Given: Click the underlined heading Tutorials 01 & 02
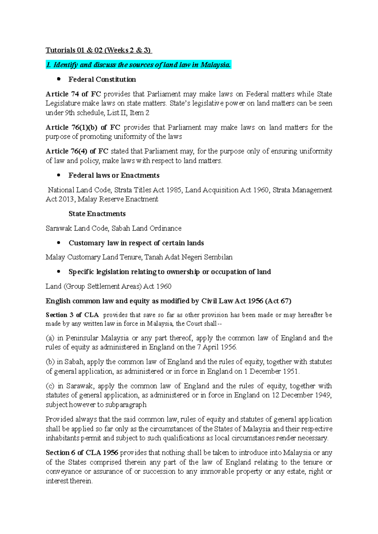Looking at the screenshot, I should (x=99, y=50).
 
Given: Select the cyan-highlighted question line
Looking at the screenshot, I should (x=138, y=65).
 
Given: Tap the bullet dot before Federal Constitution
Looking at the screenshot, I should (x=58, y=79).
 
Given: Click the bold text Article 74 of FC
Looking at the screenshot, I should (x=73, y=94).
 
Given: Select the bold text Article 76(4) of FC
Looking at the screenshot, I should (x=77, y=151).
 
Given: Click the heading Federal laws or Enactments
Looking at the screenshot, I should (x=114, y=175).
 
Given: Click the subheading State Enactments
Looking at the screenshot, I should (x=97, y=214).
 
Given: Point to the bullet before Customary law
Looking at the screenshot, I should (x=58, y=243).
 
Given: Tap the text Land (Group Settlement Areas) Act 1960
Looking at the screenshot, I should (x=108, y=286).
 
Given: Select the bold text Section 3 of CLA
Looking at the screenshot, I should (x=72, y=315).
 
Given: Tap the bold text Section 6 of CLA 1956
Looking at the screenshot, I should (x=82, y=453).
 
